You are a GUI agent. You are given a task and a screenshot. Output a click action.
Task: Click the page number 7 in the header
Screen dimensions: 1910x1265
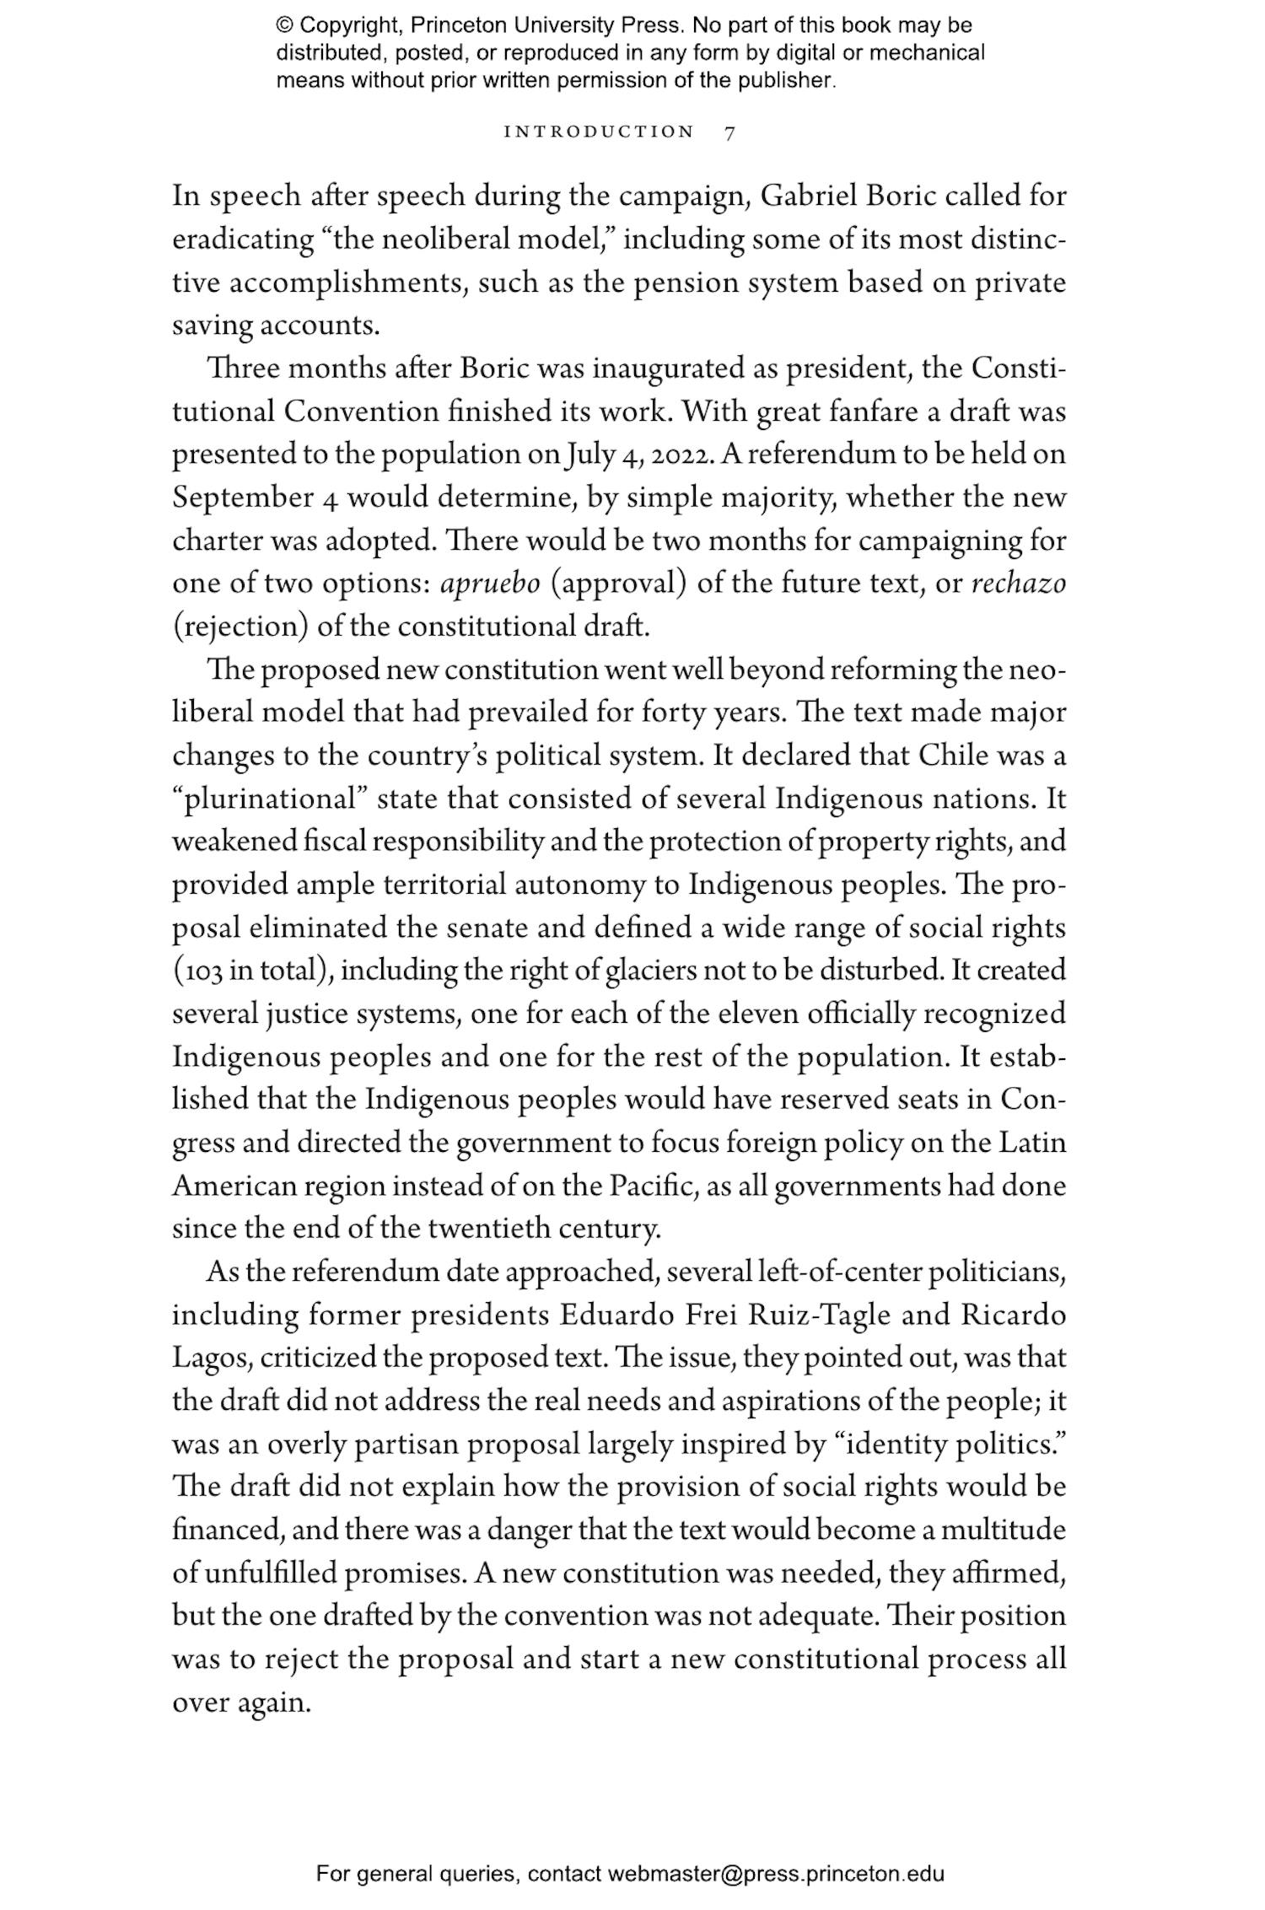[729, 132]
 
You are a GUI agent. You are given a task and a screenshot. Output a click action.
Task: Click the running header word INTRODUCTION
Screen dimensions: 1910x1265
[599, 132]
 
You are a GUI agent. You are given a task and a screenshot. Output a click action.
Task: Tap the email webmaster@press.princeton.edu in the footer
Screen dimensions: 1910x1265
[775, 1875]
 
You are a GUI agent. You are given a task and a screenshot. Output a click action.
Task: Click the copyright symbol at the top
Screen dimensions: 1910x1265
[283, 26]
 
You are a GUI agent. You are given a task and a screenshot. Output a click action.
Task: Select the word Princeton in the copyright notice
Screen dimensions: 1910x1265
[455, 26]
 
